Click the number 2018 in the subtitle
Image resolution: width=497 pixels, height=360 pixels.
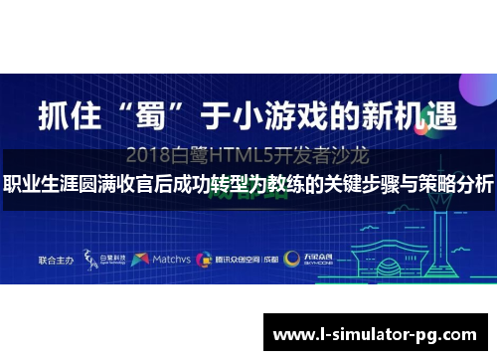150,156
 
